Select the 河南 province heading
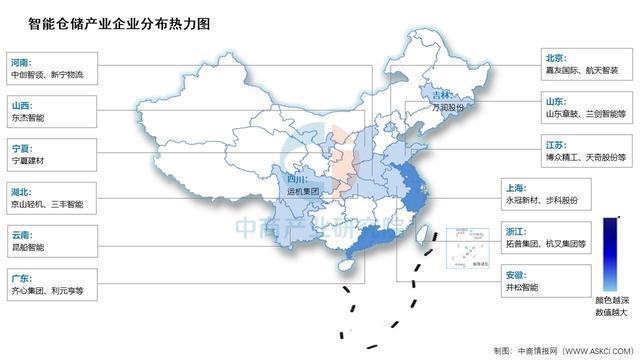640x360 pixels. (x=25, y=61)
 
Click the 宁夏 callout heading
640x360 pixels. (x=25, y=146)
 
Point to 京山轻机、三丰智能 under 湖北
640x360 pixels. (x=47, y=203)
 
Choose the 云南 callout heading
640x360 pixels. (x=25, y=232)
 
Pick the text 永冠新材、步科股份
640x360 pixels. (x=548, y=201)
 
